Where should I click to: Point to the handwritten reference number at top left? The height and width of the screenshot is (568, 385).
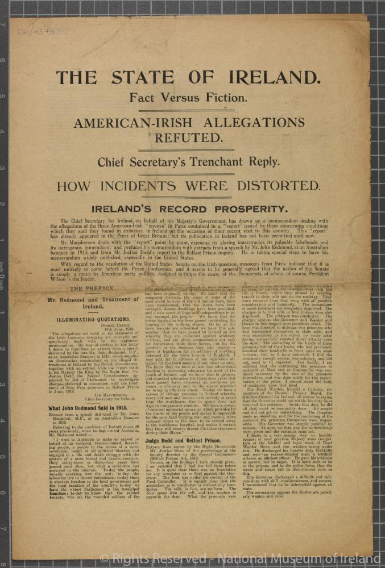[35, 31]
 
